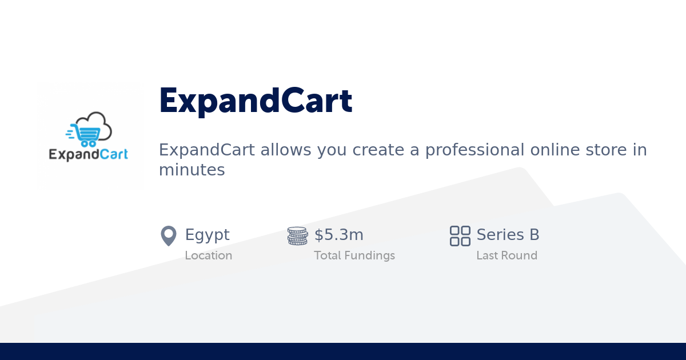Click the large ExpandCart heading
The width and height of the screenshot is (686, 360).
pyautogui.click(x=256, y=101)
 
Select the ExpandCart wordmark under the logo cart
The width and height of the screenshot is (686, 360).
pyautogui.click(x=88, y=154)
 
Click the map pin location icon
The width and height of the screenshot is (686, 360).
pyautogui.click(x=169, y=235)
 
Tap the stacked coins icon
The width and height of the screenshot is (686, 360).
pyautogui.click(x=297, y=235)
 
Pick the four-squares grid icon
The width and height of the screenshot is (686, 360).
pyautogui.click(x=460, y=235)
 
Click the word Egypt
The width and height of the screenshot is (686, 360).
pyautogui.click(x=207, y=235)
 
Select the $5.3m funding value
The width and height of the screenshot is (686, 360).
pyautogui.click(x=339, y=235)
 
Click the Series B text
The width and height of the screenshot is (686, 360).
pyautogui.click(x=508, y=235)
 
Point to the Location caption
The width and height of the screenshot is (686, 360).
pyautogui.click(x=208, y=255)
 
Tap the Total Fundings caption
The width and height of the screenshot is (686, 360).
pyautogui.click(x=354, y=255)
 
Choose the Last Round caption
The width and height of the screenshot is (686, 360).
pyautogui.click(x=506, y=255)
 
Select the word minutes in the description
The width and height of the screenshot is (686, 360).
pyautogui.click(x=192, y=170)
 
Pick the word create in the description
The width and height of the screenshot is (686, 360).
pyautogui.click(x=380, y=150)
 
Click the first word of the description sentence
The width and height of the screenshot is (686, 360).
pyautogui.click(x=207, y=150)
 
